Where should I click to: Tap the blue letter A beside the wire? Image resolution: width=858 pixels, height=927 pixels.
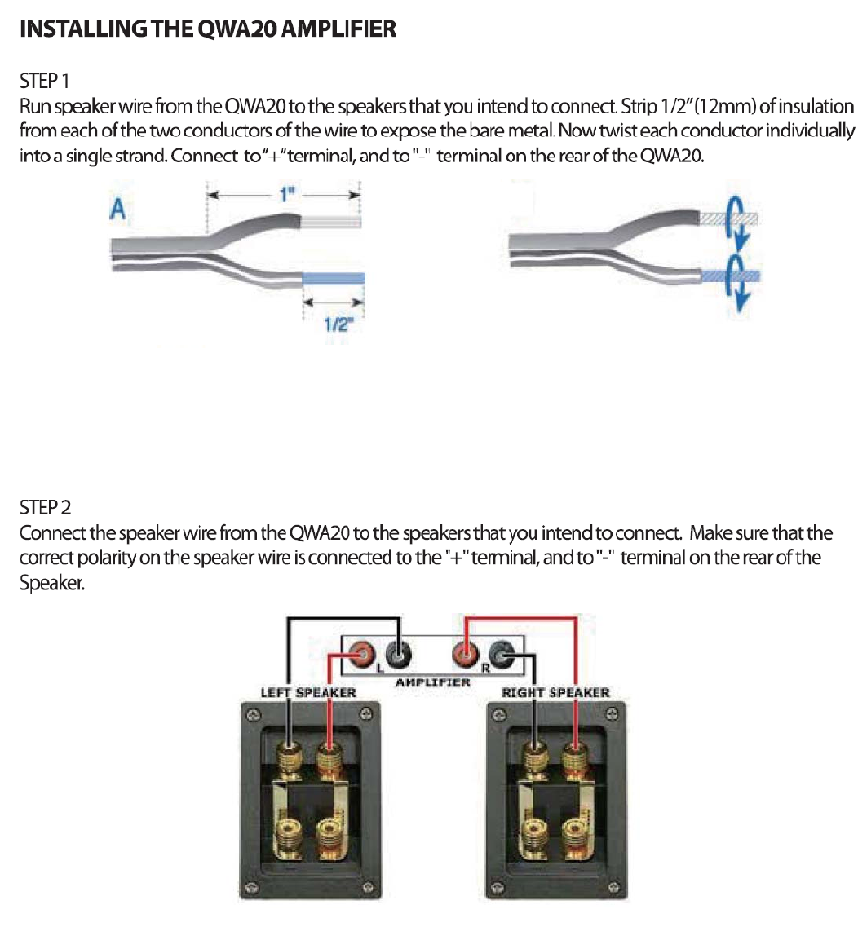(118, 211)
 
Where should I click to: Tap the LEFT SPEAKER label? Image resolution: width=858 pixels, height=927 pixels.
(307, 693)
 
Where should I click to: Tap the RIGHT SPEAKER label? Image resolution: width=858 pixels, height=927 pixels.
(555, 693)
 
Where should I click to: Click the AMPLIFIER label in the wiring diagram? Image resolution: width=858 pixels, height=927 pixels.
(432, 682)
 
